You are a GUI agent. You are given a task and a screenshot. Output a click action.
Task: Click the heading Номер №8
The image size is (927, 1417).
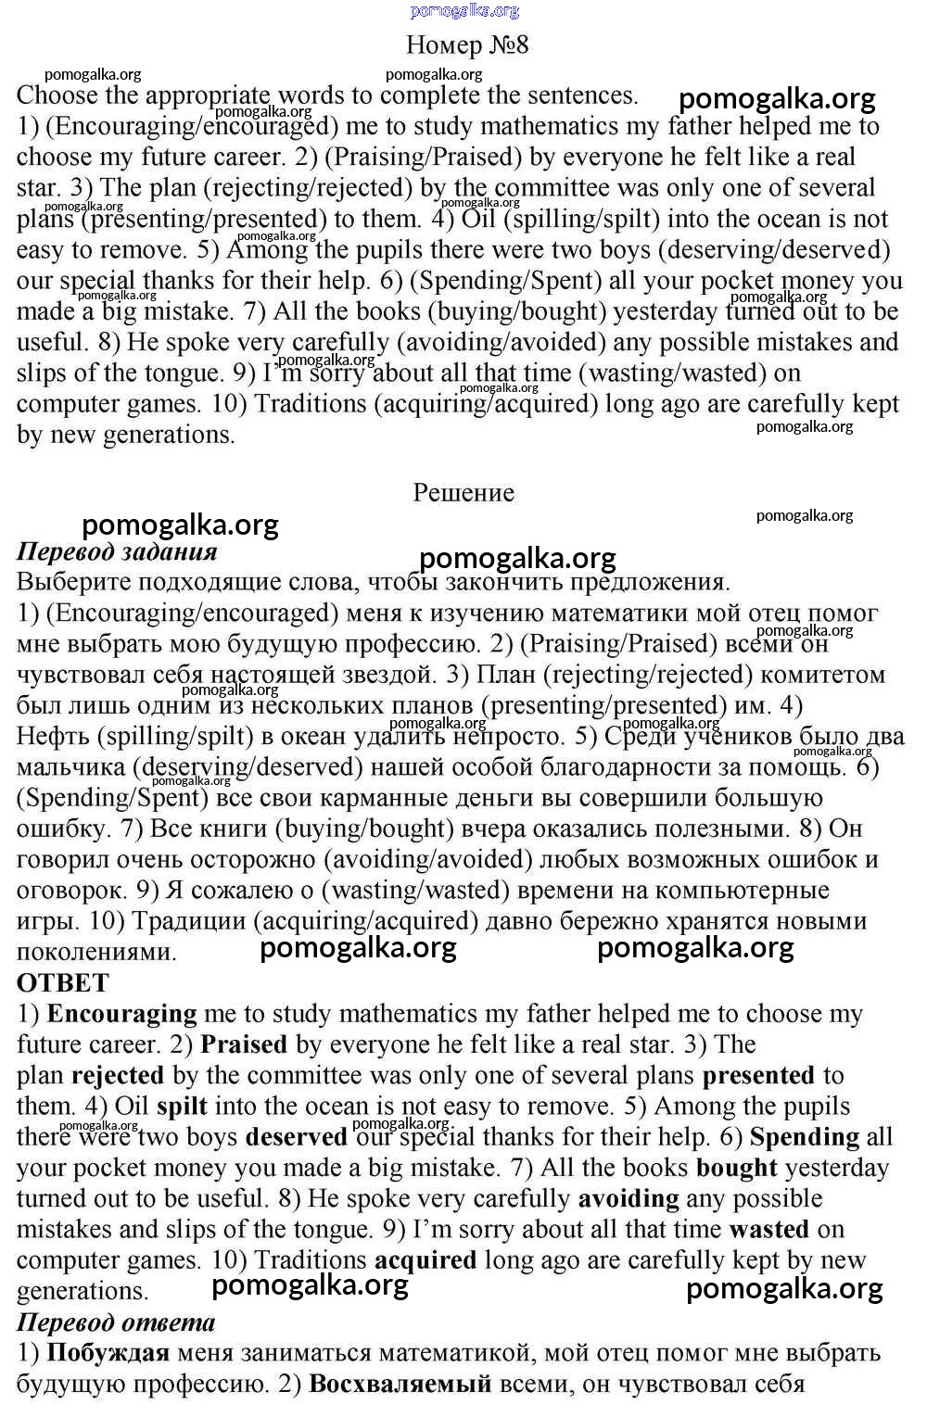467,44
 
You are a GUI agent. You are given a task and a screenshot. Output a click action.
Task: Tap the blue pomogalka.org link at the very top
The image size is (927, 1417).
464,10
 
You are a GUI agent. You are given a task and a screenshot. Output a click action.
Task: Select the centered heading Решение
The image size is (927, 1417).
463,492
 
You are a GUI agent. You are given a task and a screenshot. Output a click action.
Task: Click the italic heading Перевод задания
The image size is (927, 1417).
117,551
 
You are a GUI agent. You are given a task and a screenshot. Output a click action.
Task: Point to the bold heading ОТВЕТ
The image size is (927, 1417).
63,982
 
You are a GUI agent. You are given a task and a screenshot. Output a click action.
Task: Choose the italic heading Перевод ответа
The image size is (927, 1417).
116,1322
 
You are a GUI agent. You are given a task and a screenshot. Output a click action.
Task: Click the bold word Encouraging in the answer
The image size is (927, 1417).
121,1014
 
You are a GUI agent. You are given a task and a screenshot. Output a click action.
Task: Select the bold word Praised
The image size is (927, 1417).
244,1044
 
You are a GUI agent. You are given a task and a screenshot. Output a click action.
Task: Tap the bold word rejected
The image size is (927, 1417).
118,1075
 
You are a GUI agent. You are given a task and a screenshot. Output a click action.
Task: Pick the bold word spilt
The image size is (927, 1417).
182,1106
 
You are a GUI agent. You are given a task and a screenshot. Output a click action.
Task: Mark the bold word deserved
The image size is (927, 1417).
297,1137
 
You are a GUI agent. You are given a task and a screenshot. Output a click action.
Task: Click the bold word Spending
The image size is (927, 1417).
805,1137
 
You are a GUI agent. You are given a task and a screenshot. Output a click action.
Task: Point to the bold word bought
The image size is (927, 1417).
737,1168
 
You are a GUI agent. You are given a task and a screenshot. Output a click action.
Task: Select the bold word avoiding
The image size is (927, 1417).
629,1198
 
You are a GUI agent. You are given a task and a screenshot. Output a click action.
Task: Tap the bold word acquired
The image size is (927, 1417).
425,1260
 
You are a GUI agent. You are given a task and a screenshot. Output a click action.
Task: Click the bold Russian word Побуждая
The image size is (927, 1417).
108,1353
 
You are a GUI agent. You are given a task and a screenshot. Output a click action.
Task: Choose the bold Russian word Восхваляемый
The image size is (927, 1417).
400,1384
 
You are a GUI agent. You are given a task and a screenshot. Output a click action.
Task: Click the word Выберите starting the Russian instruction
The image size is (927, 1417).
73,582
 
